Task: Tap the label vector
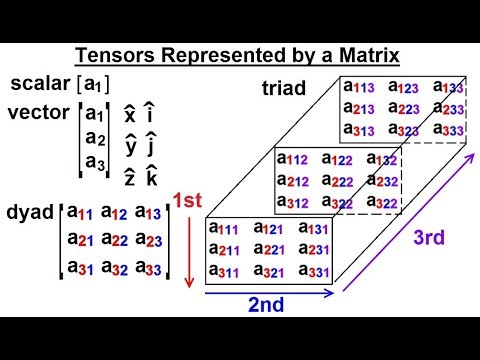37,112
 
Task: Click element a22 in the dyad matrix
108,240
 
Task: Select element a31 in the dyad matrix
75,268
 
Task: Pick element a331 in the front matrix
314,272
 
